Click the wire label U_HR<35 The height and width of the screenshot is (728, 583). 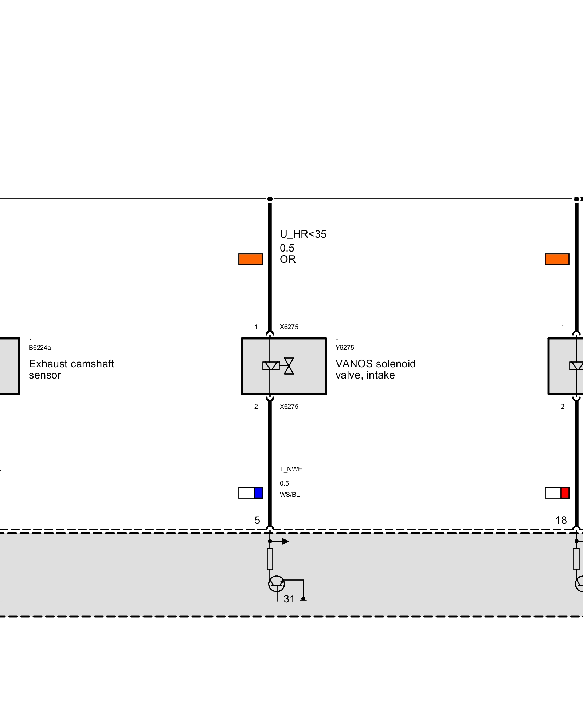pyautogui.click(x=303, y=234)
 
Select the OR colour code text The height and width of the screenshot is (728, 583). pyautogui.click(x=287, y=259)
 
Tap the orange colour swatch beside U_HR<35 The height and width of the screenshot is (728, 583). pyautogui.click(x=250, y=259)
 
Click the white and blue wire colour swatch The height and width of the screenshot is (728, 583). pyautogui.click(x=250, y=493)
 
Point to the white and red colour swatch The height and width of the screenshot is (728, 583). pyautogui.click(x=557, y=493)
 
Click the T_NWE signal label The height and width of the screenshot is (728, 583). pyautogui.click(x=291, y=469)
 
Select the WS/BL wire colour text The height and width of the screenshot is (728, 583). pyautogui.click(x=290, y=495)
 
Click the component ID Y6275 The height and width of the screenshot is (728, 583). pyautogui.click(x=345, y=348)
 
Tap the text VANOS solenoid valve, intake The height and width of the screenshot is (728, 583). pyautogui.click(x=375, y=369)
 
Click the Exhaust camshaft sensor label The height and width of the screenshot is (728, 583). pyautogui.click(x=71, y=369)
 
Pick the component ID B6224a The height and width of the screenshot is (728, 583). pyautogui.click(x=40, y=348)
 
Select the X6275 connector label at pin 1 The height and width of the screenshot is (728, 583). pyautogui.click(x=289, y=327)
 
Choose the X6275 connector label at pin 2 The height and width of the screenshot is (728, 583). pyautogui.click(x=289, y=407)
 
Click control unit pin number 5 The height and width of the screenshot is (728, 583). pyautogui.click(x=257, y=521)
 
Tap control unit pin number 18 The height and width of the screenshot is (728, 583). pyautogui.click(x=561, y=521)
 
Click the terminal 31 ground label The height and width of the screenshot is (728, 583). pyautogui.click(x=289, y=599)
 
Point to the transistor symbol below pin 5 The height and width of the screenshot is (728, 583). pyautogui.click(x=276, y=584)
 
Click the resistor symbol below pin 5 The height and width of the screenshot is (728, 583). pyautogui.click(x=270, y=559)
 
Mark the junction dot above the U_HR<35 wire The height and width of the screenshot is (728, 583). pyautogui.click(x=270, y=199)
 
